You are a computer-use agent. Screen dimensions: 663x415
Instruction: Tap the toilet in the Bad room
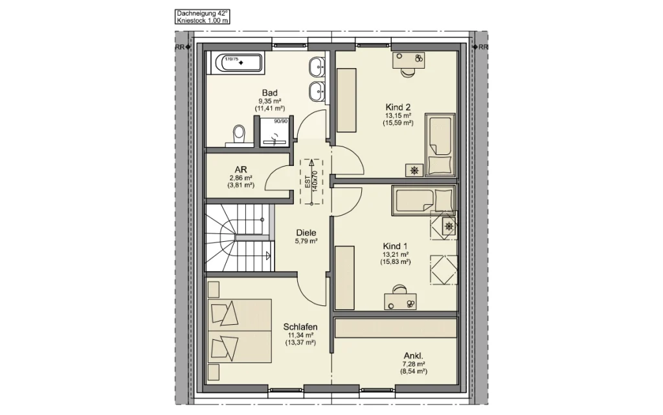click(239, 136)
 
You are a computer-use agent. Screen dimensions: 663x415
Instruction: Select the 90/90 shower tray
click(275, 132)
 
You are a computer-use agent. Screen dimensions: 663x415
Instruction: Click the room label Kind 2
click(398, 108)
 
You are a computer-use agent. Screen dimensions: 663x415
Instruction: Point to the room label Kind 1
click(395, 246)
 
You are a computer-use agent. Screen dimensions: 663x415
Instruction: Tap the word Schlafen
click(300, 327)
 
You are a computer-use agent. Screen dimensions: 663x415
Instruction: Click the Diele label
click(306, 233)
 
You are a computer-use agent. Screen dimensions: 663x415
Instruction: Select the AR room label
click(241, 170)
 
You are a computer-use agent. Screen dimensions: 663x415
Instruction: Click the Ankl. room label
click(413, 356)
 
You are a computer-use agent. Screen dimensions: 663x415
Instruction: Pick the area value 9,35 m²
click(270, 101)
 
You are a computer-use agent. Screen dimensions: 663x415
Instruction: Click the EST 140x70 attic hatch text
click(311, 182)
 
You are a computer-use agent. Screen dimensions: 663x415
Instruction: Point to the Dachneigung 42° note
click(202, 14)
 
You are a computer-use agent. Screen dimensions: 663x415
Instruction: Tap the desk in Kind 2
click(408, 60)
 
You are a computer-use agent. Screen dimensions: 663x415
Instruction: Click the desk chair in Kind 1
click(399, 289)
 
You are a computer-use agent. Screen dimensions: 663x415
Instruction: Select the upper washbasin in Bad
click(316, 67)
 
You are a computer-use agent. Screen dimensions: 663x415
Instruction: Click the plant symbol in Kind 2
click(414, 171)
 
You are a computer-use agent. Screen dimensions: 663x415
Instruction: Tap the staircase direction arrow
click(268, 255)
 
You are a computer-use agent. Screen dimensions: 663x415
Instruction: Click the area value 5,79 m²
click(306, 241)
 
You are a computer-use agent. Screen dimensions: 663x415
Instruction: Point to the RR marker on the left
click(180, 47)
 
